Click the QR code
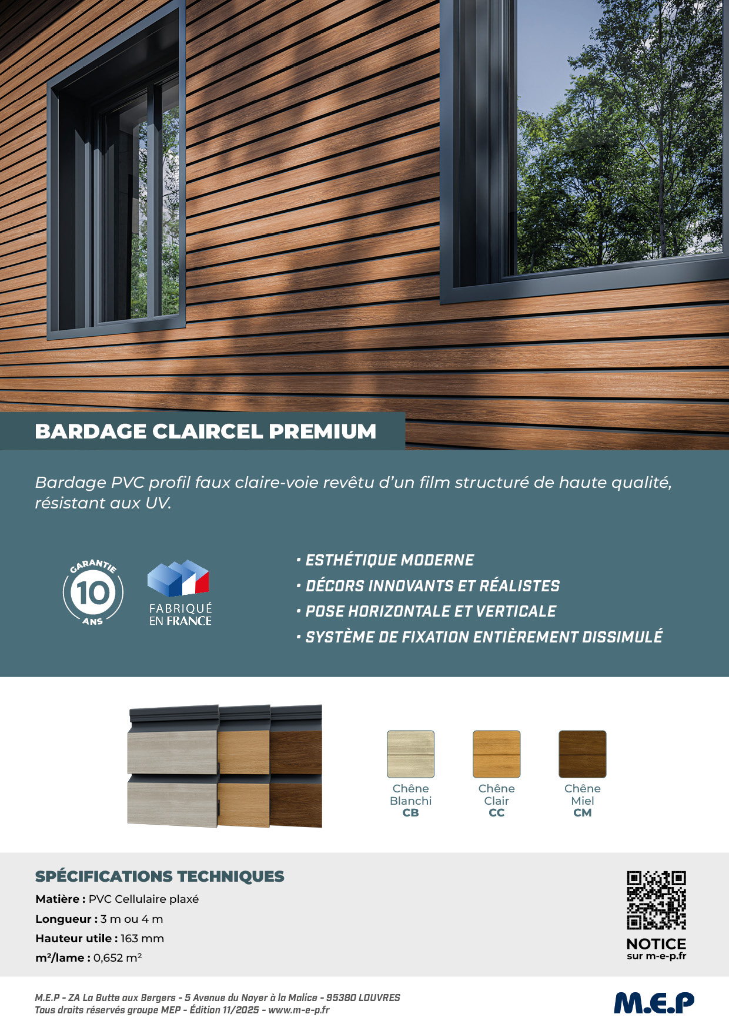point(656,900)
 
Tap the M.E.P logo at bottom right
point(654,1003)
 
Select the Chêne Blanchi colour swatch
point(410,754)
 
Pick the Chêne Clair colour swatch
point(497,754)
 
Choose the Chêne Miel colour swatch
point(583,754)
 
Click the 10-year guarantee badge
point(93,593)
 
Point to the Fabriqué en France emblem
point(180,593)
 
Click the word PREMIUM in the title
point(322,431)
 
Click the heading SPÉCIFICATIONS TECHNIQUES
point(160,876)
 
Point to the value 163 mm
point(142,938)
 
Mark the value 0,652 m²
point(118,958)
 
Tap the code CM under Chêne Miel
point(583,813)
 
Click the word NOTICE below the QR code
point(656,944)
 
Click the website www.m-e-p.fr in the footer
point(299,1010)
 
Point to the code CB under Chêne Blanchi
point(410,813)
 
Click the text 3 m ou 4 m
point(132,919)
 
